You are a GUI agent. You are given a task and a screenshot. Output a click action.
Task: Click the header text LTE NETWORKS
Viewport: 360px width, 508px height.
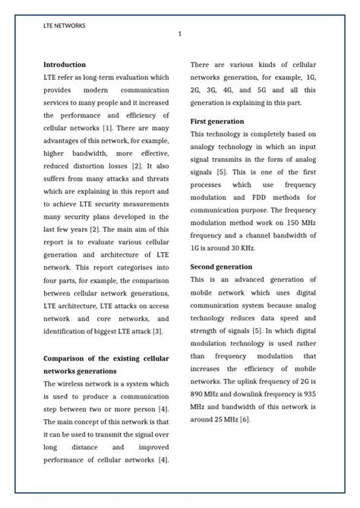coord(65,25)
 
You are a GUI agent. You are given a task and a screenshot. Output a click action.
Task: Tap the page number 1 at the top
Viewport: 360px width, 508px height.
coord(180,34)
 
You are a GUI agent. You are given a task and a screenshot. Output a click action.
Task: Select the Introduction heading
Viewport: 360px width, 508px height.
coord(65,65)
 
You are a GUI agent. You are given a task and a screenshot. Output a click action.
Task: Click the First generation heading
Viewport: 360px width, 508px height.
coord(217,121)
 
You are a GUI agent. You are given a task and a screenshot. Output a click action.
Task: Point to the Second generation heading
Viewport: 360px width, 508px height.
coord(221,267)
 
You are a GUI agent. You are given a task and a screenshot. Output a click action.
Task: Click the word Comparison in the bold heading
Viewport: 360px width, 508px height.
coord(69,358)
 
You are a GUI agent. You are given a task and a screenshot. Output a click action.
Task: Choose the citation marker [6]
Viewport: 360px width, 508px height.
coord(245,418)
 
